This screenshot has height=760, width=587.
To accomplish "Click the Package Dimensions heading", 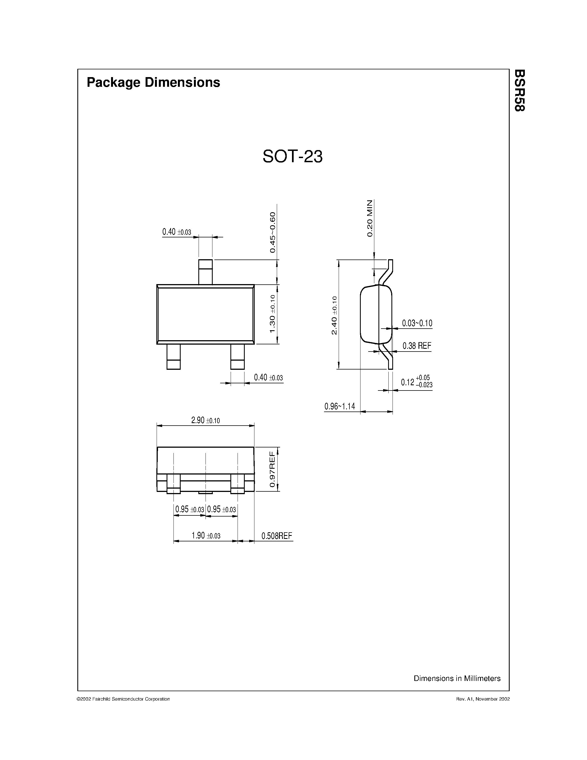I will (x=153, y=82).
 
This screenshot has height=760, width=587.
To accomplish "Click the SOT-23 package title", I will (x=293, y=157).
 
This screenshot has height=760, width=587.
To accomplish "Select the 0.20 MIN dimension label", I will (x=370, y=218).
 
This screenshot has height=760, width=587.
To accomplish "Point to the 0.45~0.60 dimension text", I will (x=273, y=232).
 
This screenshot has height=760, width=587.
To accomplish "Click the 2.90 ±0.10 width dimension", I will (x=205, y=420).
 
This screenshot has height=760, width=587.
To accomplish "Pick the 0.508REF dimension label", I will (x=277, y=536).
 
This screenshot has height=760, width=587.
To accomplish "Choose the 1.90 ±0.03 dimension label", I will (x=206, y=536).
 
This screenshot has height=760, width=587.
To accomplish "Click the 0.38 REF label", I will (x=417, y=346).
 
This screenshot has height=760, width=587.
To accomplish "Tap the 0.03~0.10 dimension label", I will (x=417, y=323).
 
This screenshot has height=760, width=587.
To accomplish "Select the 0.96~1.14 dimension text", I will (x=340, y=406).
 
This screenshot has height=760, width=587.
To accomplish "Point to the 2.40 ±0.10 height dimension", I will (x=334, y=315).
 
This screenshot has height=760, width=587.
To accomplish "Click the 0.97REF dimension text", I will (x=273, y=470).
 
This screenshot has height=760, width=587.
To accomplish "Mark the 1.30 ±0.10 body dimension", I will (x=273, y=314).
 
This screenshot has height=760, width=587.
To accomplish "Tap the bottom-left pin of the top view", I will (x=173, y=357).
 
